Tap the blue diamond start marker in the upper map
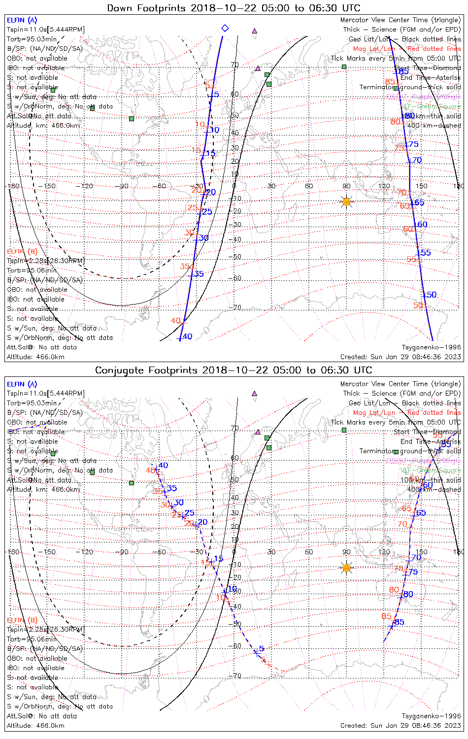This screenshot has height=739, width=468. (225, 28)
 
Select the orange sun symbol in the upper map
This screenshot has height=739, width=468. (346, 202)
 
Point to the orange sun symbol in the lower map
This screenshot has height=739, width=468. (346, 568)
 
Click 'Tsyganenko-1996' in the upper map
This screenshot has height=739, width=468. (432, 347)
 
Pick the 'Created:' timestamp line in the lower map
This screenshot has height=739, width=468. (401, 726)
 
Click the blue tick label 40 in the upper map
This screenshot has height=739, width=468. (187, 337)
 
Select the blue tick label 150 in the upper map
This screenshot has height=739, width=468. (430, 295)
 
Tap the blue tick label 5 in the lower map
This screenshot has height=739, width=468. (262, 649)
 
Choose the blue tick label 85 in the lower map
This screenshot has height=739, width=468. (399, 622)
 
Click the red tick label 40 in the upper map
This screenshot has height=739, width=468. (176, 321)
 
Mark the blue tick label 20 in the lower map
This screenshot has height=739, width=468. (202, 522)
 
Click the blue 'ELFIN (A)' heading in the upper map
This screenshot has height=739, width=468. (22, 20)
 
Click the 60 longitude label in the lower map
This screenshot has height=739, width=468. (309, 552)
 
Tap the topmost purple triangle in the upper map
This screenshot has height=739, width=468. (255, 31)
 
